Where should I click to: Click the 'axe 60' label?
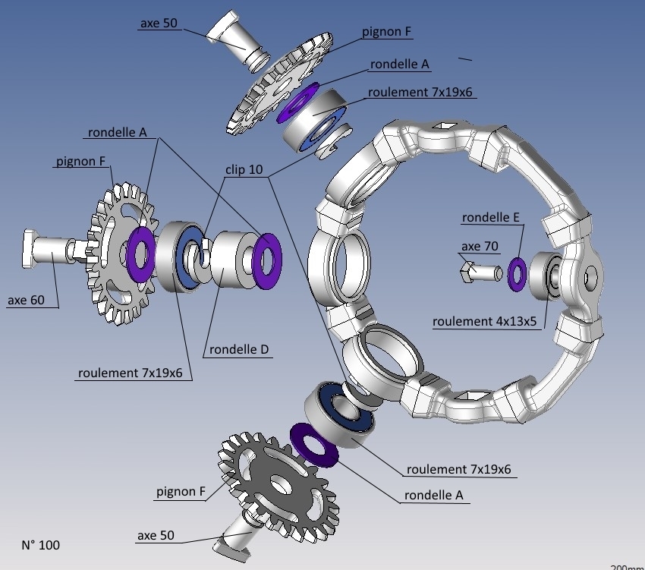click(x=26, y=300)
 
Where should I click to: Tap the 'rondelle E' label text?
click(x=491, y=217)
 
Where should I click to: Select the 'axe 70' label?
click(x=480, y=246)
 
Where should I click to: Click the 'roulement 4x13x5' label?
click(x=485, y=321)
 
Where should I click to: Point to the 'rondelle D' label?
click(x=239, y=349)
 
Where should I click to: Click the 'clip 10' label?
click(x=244, y=169)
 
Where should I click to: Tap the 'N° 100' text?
click(x=41, y=545)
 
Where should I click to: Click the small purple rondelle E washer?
click(x=517, y=274)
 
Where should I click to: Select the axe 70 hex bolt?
click(x=480, y=272)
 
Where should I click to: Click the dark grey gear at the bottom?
click(x=280, y=486)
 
